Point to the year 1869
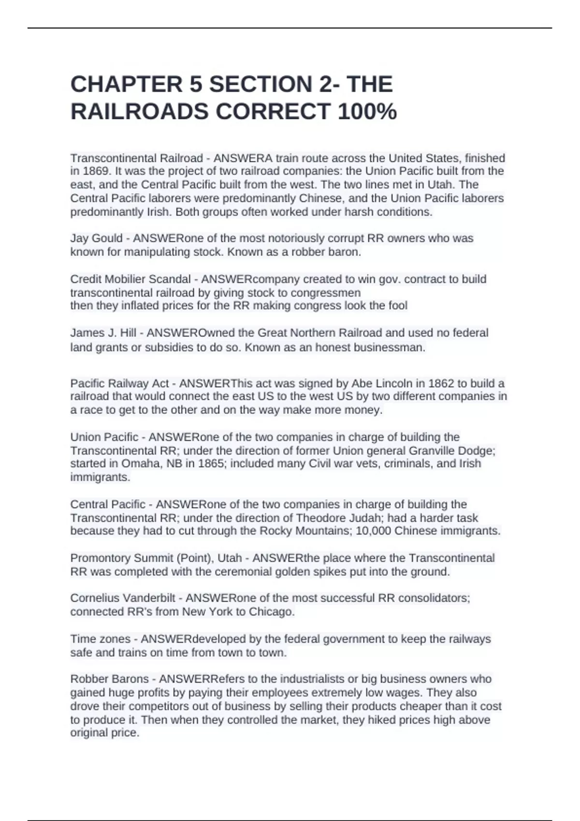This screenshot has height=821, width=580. (x=94, y=171)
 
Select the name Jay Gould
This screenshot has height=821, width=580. (x=96, y=239)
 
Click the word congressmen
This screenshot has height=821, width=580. (x=330, y=293)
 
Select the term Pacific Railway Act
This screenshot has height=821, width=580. (x=119, y=384)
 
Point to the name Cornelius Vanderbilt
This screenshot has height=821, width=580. (x=123, y=598)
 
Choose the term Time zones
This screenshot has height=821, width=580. (x=100, y=639)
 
